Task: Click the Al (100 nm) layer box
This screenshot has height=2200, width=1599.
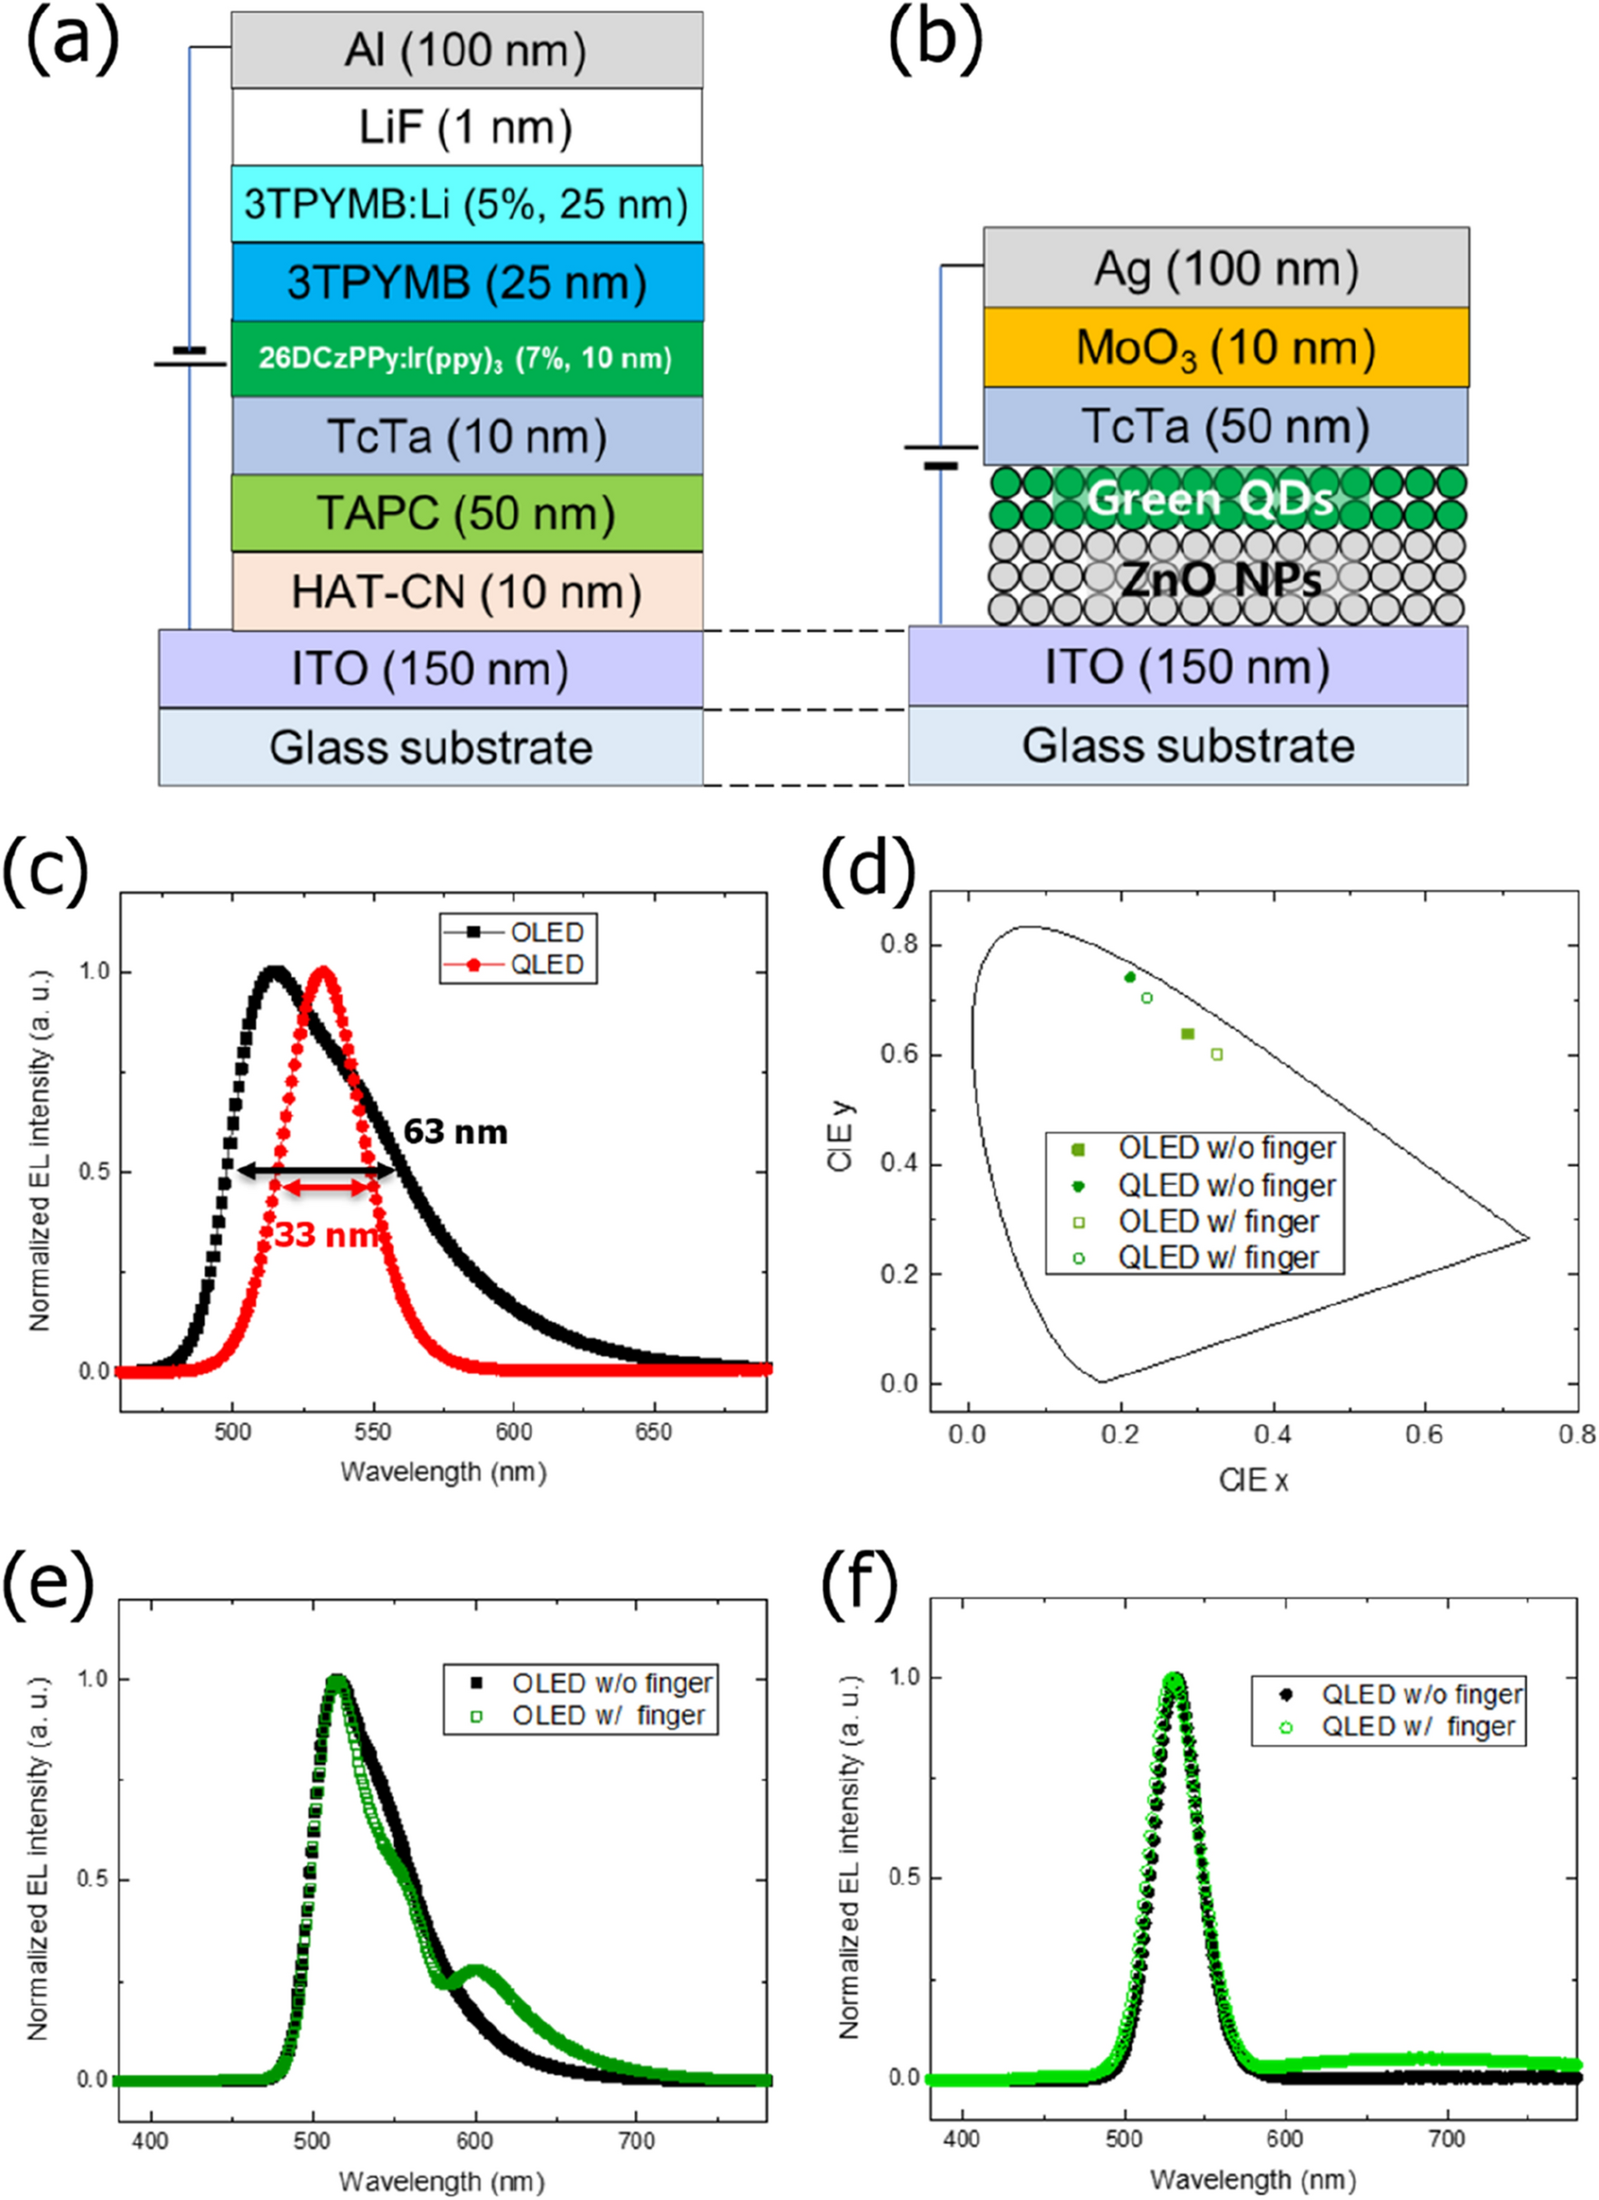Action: tap(466, 51)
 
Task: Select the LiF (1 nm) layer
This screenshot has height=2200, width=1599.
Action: tap(466, 127)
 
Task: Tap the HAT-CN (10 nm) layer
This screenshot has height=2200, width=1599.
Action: tap(466, 592)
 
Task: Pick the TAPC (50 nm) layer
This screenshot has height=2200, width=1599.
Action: tap(466, 514)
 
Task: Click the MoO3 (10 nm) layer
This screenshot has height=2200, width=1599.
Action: tap(1225, 349)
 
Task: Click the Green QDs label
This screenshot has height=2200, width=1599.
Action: tap(1210, 499)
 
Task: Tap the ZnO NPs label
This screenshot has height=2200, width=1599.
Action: tap(1220, 580)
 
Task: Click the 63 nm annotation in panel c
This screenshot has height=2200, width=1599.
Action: tap(455, 1131)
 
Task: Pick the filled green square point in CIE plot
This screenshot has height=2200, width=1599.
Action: tap(1188, 1034)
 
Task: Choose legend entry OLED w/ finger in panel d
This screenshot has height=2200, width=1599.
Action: tap(1219, 1221)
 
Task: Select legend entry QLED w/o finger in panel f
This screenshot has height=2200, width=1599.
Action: tap(1420, 1693)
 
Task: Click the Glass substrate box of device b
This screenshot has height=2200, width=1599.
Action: tap(1188, 746)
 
